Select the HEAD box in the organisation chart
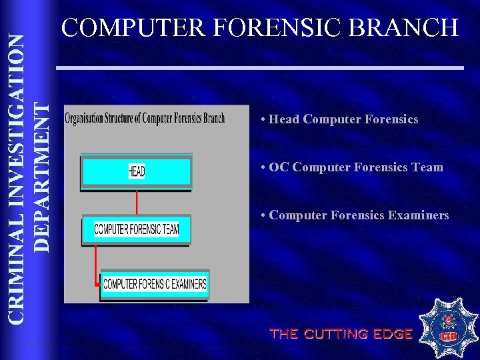136,171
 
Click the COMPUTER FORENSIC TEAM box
136,229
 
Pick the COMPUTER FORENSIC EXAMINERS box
155,284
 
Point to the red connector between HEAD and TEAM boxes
136,202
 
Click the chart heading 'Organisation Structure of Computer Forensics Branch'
145,119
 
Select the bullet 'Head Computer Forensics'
340,119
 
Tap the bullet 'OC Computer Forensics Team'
352,167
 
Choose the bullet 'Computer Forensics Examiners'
355,215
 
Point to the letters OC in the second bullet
279,167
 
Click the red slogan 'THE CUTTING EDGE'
341,334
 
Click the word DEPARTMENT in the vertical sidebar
41,176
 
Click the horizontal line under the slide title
259,68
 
